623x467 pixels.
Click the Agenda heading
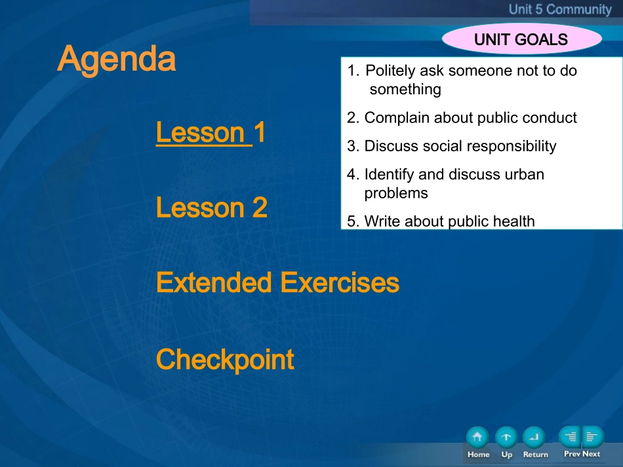pos(117,59)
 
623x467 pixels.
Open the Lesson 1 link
pos(211,132)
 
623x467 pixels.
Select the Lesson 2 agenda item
pos(212,208)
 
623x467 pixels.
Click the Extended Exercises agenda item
pos(278,282)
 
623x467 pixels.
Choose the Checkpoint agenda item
pos(225,360)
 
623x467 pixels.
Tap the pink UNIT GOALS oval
pos(522,39)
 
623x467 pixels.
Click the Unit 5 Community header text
pos(560,9)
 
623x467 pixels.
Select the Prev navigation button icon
pos(570,438)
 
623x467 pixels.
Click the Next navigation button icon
pos(593,438)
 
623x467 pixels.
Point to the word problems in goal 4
pos(396,194)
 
